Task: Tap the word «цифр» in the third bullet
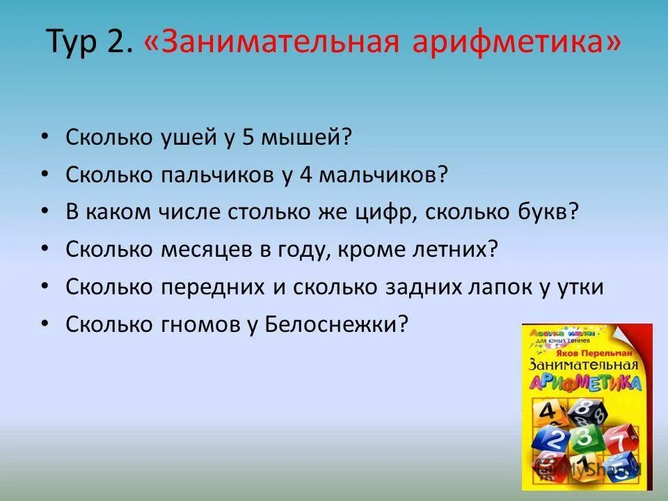[384, 212]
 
